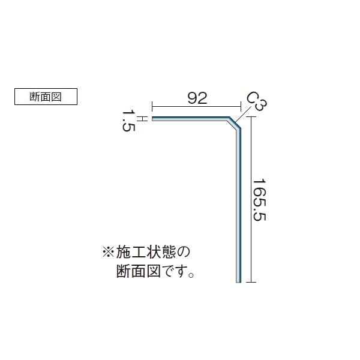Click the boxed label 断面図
pos(46,96)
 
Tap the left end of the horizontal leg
pos(154,119)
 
